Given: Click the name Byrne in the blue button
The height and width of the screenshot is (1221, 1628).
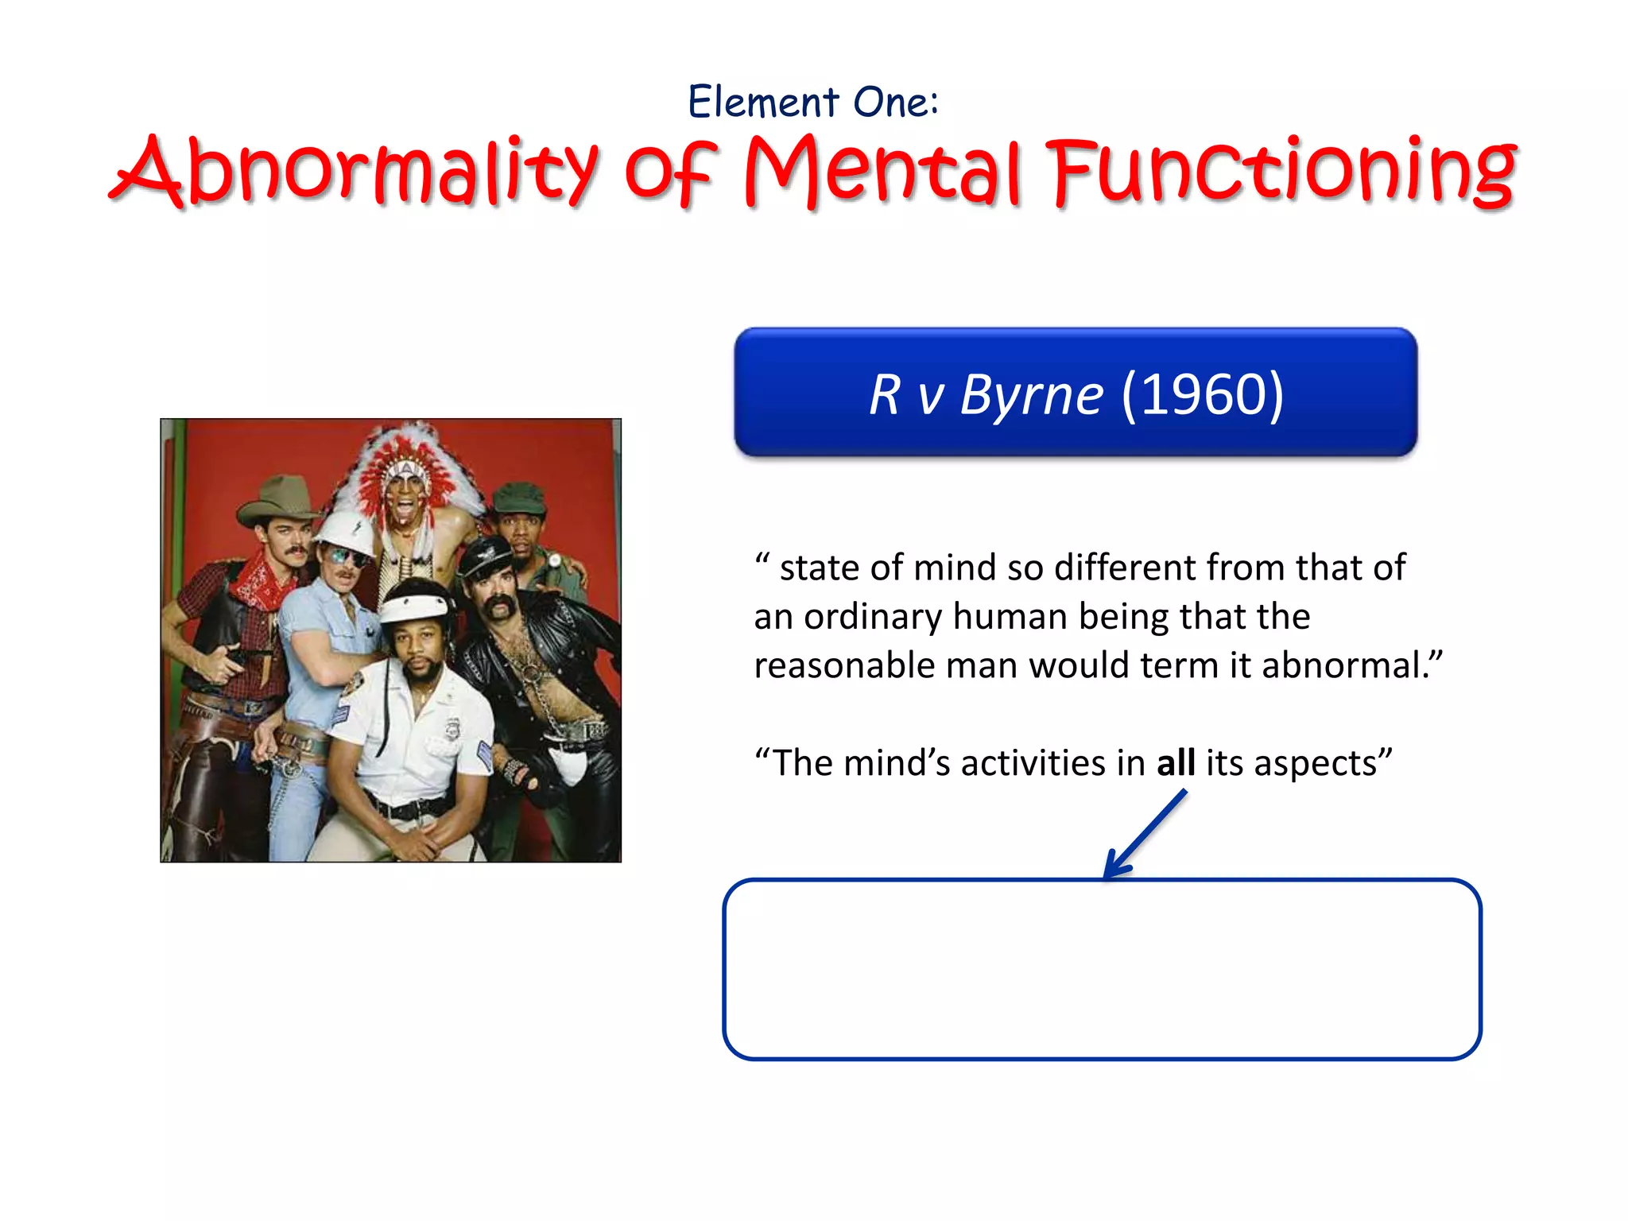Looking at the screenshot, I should coord(1031,394).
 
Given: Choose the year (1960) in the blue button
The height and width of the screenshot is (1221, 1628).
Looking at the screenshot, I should coord(1202,394).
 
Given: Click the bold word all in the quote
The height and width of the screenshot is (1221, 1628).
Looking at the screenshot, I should coord(1176,763).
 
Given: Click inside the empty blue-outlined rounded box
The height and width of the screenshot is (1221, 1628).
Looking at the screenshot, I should coord(1102,970).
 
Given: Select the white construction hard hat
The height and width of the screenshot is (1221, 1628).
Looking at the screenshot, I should coord(345,531).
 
